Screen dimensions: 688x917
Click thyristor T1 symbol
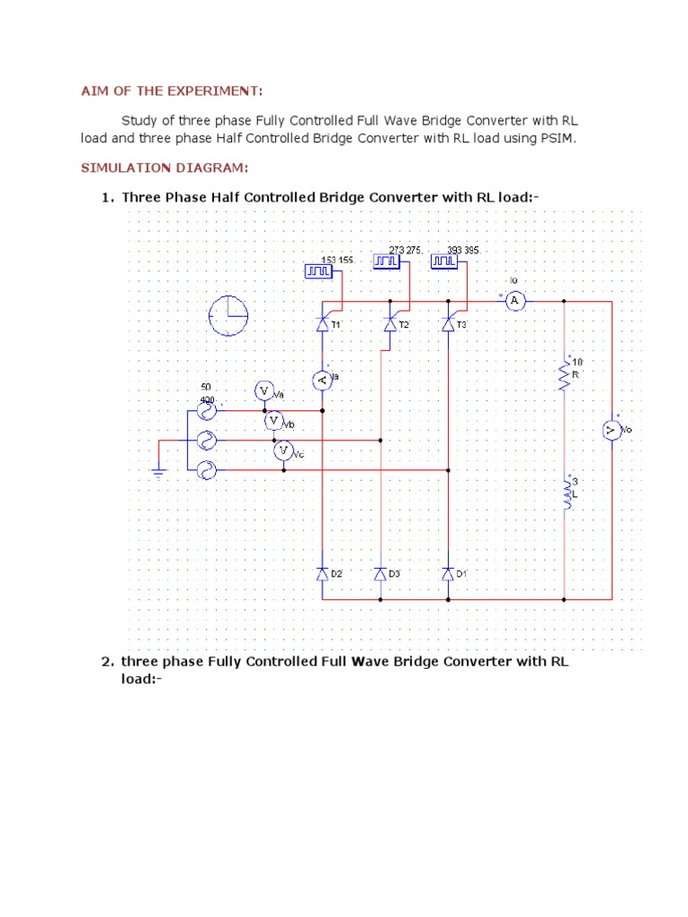(x=322, y=325)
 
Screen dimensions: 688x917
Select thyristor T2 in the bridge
(x=389, y=325)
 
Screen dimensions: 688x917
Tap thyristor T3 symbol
(x=448, y=325)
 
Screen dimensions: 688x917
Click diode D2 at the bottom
(x=322, y=573)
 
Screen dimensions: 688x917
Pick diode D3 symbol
(x=380, y=573)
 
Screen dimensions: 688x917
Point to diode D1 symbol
(x=448, y=573)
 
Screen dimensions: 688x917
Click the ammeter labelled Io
(x=514, y=301)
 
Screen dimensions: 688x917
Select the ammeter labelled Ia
(x=322, y=381)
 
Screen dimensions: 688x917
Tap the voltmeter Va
(x=263, y=391)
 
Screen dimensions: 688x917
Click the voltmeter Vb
(x=273, y=420)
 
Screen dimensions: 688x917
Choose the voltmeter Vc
(x=284, y=450)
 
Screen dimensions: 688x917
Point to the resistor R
(x=564, y=375)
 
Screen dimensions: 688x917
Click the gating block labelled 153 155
(x=318, y=270)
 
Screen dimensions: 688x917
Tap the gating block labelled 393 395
(x=443, y=261)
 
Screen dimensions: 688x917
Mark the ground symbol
(x=159, y=473)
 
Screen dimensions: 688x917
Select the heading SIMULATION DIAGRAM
(x=165, y=167)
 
